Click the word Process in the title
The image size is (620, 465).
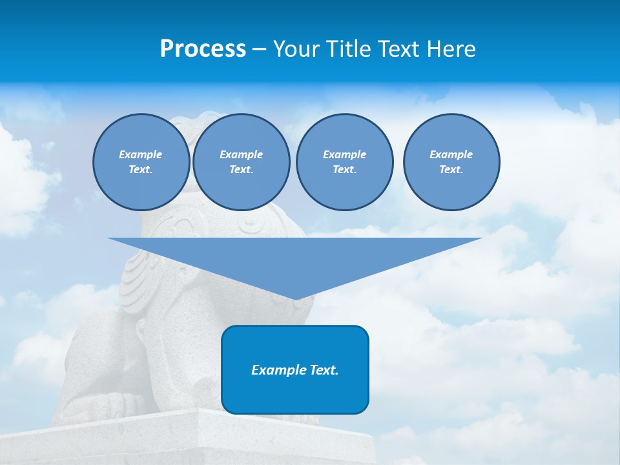[x=203, y=49]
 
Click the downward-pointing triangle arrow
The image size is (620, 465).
[x=294, y=258]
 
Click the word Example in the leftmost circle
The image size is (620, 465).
[x=141, y=154]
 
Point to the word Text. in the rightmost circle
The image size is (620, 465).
[x=451, y=169]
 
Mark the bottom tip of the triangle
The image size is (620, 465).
[x=295, y=298]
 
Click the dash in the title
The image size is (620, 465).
[x=259, y=49]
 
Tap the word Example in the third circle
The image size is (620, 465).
[x=344, y=154]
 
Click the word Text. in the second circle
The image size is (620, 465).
[x=241, y=169]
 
